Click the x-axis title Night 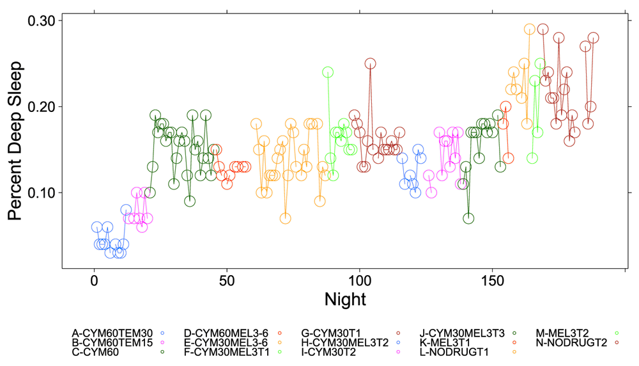point(345,298)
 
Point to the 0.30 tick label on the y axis point(45,20)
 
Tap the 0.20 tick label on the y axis point(45,106)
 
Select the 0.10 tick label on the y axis point(45,193)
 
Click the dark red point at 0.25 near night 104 point(370,63)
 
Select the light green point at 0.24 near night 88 point(328,72)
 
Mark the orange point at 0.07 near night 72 point(285,218)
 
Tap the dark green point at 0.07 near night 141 point(468,218)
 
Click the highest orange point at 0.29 point(529,29)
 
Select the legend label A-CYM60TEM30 point(112,333)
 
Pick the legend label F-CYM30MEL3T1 point(226,351)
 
